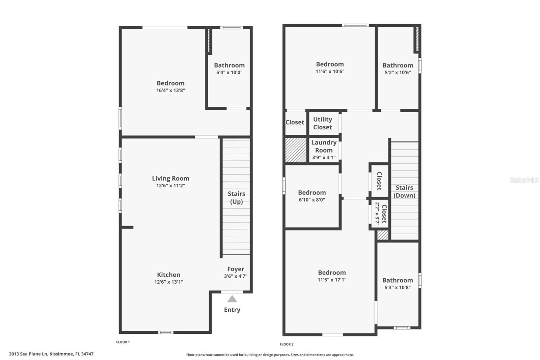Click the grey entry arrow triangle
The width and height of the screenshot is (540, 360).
click(232, 299)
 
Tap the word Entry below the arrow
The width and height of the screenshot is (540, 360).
click(232, 310)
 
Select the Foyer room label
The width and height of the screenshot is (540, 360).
click(236, 269)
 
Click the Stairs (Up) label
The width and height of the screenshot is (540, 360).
click(236, 198)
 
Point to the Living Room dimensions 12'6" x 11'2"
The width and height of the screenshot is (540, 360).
click(170, 185)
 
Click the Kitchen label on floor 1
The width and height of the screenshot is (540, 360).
click(168, 275)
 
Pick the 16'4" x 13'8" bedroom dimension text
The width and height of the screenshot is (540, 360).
click(170, 90)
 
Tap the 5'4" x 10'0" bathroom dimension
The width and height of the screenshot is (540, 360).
click(229, 72)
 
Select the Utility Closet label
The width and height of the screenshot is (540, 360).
click(323, 123)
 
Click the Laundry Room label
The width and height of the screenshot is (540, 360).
click(324, 146)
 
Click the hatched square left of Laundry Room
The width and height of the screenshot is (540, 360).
click(296, 150)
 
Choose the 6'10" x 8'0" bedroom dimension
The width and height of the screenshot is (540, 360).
click(312, 200)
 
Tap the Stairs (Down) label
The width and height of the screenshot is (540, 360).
click(404, 191)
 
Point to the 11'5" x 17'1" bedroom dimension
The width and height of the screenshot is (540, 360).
click(332, 280)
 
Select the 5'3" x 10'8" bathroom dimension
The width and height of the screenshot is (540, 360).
click(398, 287)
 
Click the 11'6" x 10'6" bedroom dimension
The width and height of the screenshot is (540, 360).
click(330, 71)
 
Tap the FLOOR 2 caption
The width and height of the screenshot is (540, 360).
click(287, 344)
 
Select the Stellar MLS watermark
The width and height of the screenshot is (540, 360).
click(524, 180)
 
